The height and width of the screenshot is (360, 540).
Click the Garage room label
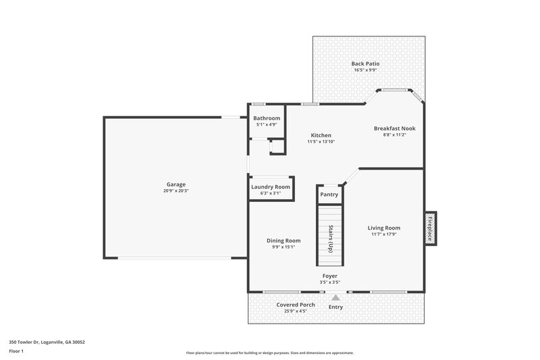coord(176,184)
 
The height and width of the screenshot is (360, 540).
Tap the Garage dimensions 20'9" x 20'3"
coord(176,191)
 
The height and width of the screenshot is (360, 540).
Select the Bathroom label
coord(267,118)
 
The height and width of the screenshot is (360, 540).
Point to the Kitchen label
coord(321,135)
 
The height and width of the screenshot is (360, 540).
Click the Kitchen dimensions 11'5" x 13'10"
coord(321,142)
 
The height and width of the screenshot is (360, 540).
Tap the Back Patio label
coord(364,63)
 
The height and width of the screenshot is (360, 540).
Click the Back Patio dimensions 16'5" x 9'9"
coord(364,70)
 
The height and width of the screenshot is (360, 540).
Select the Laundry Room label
coord(270,187)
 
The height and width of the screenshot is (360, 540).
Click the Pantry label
coord(329,195)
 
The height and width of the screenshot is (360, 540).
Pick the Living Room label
coord(383,228)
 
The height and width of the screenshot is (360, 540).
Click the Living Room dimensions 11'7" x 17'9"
coord(383,234)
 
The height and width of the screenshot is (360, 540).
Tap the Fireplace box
coord(429,228)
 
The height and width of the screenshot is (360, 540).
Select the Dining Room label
coord(283,240)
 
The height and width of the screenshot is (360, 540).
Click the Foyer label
coord(329,276)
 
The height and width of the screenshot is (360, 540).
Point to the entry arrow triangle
coord(335,297)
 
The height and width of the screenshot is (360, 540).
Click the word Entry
coord(335,307)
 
